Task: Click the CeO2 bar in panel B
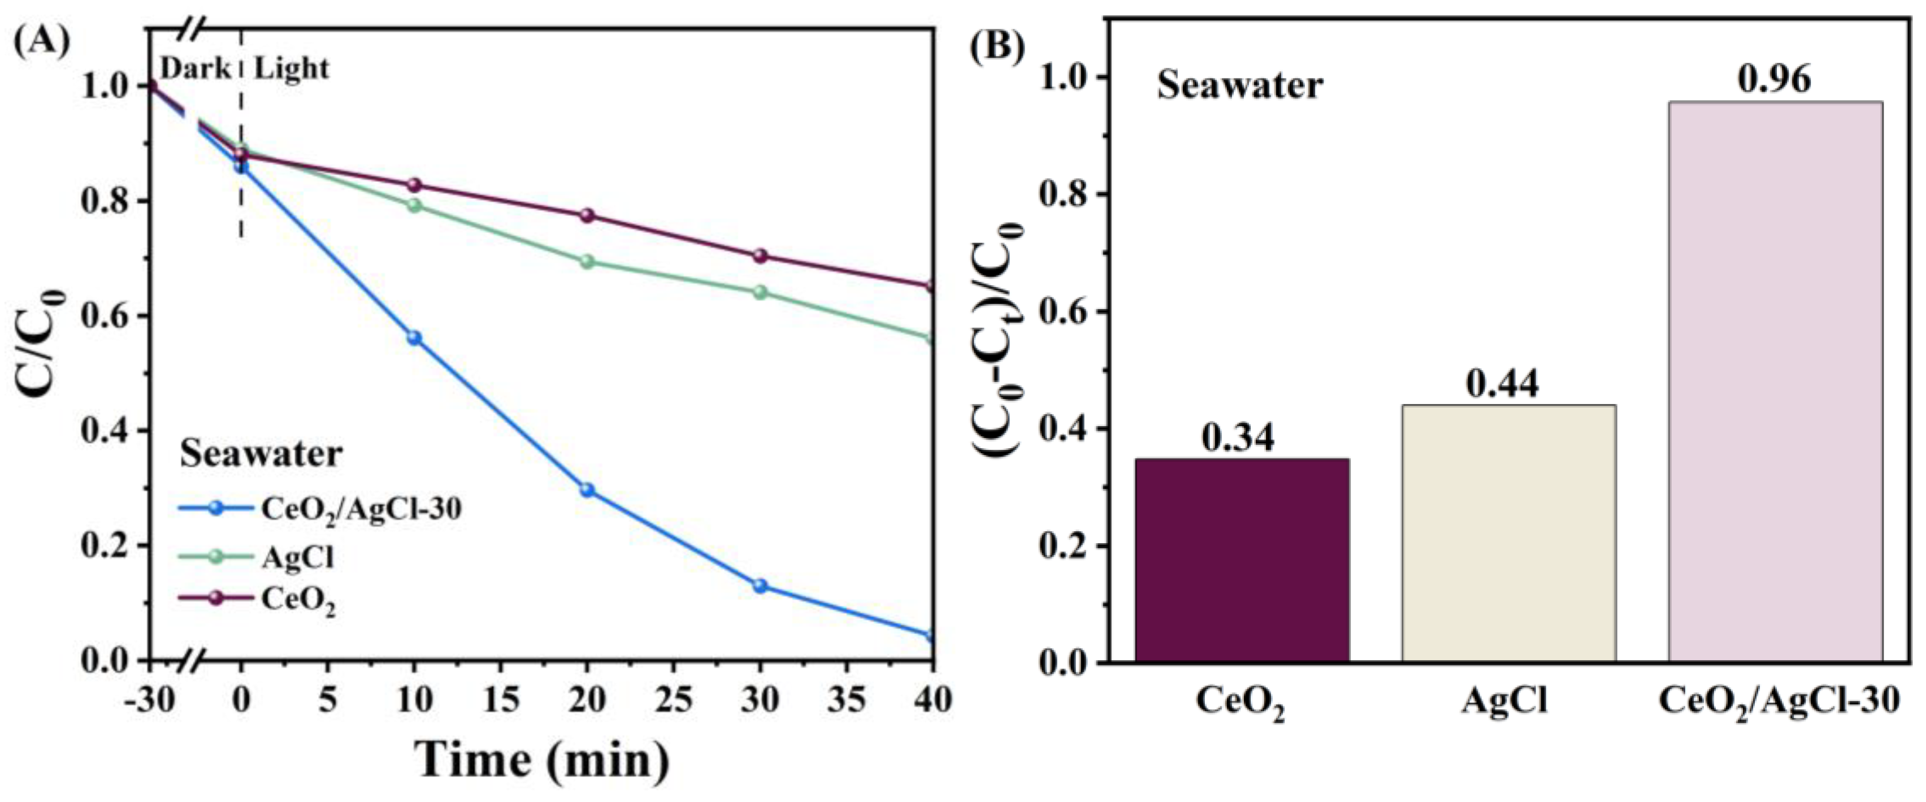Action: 1242,560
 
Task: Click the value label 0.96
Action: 1774,79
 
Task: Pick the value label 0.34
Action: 1238,438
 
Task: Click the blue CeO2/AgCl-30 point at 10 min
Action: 414,338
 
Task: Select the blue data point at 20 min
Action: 587,491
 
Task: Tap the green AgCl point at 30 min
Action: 760,292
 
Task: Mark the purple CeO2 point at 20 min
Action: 587,215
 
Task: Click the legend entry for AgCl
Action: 297,558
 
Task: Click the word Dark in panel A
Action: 196,69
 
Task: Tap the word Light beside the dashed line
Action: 292,69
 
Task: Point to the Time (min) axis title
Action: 542,760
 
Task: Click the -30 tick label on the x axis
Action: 150,700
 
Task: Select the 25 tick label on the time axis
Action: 674,700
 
